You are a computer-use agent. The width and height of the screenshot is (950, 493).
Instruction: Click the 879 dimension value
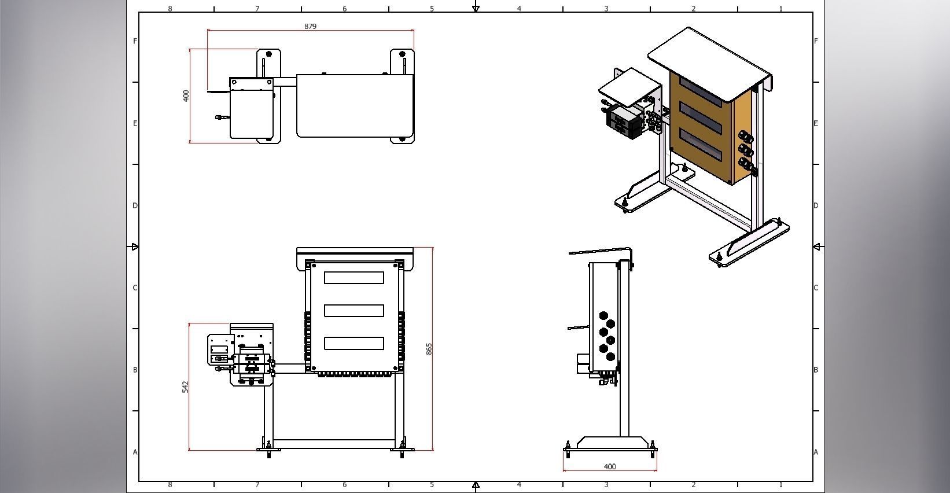pyautogui.click(x=310, y=26)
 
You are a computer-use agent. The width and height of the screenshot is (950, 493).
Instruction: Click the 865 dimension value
pyautogui.click(x=429, y=349)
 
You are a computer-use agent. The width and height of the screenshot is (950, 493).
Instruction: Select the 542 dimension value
pyautogui.click(x=186, y=387)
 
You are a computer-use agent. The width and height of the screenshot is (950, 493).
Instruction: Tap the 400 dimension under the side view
pyautogui.click(x=609, y=466)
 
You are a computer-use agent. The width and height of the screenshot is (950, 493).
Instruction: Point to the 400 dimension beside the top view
pyautogui.click(x=186, y=95)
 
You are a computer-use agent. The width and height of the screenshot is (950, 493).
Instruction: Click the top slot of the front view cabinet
pyautogui.click(x=354, y=278)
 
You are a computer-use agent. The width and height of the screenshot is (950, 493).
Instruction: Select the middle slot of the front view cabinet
pyautogui.click(x=354, y=311)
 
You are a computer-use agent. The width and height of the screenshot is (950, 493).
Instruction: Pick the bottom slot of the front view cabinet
pyautogui.click(x=354, y=343)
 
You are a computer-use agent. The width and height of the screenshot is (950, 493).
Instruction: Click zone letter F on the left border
pyautogui.click(x=135, y=41)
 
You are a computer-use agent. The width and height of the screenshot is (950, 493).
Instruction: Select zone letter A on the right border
pyautogui.click(x=816, y=452)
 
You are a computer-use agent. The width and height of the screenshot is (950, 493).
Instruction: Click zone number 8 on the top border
pyautogui.click(x=170, y=8)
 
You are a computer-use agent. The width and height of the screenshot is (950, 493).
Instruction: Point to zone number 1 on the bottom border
pyautogui.click(x=780, y=485)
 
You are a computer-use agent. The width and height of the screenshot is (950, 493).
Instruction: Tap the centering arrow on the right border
pyautogui.click(x=816, y=247)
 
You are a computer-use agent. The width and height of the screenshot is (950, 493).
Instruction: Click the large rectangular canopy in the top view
pyautogui.click(x=355, y=106)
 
